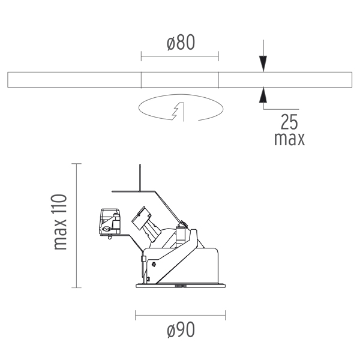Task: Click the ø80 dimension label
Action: click(x=181, y=43)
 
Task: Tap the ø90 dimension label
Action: click(x=181, y=329)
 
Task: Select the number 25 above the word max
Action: click(x=289, y=122)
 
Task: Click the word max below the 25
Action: click(x=290, y=139)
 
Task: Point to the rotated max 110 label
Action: click(x=60, y=222)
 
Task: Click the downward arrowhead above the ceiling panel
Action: click(x=263, y=64)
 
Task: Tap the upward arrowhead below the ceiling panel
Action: click(x=263, y=95)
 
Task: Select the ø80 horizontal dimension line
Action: click(x=180, y=56)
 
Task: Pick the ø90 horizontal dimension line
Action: click(x=181, y=315)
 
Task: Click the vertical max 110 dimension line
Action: click(x=76, y=226)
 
